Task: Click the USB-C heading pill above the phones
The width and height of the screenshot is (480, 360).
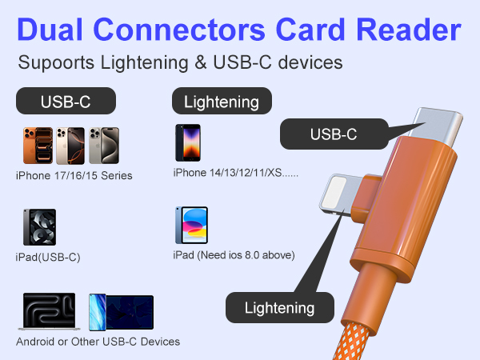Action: pos(66,102)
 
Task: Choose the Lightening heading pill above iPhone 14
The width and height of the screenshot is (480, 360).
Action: pos(222,102)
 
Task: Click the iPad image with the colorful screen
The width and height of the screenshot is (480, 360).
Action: pos(191,226)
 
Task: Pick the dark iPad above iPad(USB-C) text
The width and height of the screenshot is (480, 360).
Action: pos(38,227)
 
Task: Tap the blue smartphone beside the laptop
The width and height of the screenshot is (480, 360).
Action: pos(98,312)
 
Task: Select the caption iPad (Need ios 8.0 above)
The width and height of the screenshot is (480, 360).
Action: pos(234,255)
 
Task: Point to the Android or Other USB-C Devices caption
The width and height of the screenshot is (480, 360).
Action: pos(98,342)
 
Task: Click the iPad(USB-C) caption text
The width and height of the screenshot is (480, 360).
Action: pos(49,257)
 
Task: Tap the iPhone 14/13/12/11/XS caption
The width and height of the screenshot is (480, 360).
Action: pos(236,172)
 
